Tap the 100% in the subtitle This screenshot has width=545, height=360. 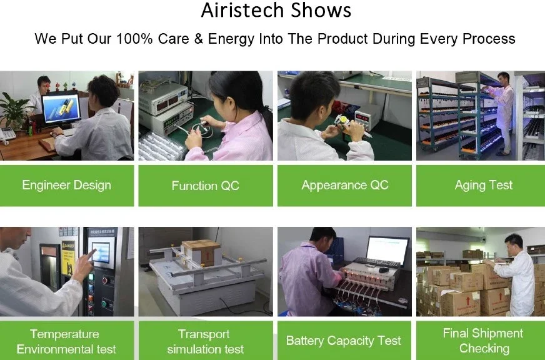point(134,39)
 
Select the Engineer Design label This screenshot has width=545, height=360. point(67,185)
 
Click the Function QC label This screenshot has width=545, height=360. point(206,186)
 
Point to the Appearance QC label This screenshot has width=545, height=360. point(345,185)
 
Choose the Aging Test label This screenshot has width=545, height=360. point(484,185)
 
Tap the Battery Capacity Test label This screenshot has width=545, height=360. point(343,341)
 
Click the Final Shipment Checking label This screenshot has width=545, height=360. point(483,341)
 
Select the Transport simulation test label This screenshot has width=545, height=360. point(206,341)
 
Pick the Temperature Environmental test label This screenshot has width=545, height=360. point(66,341)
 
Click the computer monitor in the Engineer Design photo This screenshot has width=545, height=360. point(61,108)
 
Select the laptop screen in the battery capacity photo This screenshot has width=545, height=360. point(387,250)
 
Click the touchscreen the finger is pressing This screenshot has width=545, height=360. point(101,252)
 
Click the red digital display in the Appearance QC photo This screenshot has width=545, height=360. point(362,118)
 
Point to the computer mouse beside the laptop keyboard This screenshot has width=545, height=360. point(383,270)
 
